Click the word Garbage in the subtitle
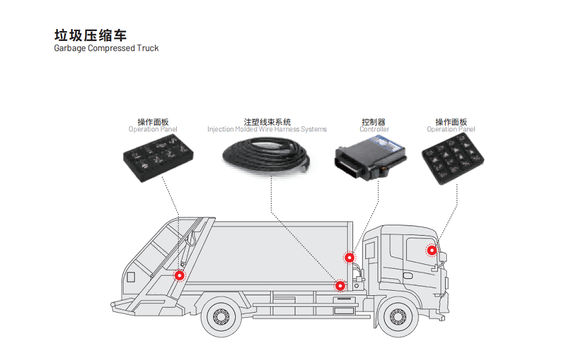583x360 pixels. (x=70, y=49)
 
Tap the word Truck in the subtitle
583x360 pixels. (x=147, y=49)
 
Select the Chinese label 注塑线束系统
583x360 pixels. (x=267, y=122)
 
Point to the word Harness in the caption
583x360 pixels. (x=286, y=129)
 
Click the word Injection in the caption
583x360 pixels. (x=220, y=129)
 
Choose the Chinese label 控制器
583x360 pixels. (x=374, y=122)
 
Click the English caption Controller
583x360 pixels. (x=374, y=129)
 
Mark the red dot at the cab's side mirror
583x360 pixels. (x=431, y=251)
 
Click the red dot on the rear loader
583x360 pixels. (x=179, y=276)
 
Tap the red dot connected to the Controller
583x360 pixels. (x=350, y=258)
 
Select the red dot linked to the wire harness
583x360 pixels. (x=340, y=285)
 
